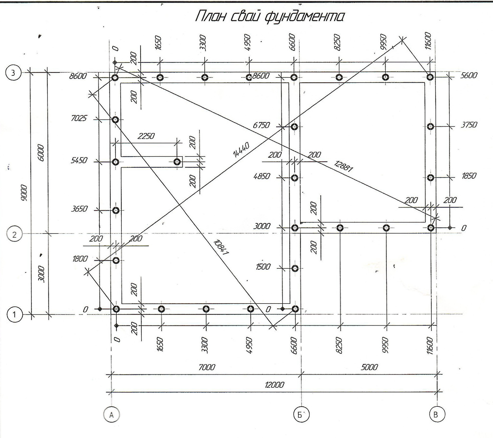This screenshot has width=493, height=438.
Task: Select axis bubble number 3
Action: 13,73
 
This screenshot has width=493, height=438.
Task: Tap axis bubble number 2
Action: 14,235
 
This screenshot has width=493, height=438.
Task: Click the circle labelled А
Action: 111,415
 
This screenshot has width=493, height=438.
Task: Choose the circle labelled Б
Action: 301,415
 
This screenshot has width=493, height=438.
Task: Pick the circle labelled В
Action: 437,415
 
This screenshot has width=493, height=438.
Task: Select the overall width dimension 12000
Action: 274,385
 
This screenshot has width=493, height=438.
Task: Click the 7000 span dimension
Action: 207,367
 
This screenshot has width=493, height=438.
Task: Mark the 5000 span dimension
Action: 369,367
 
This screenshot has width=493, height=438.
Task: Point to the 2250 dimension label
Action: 146,136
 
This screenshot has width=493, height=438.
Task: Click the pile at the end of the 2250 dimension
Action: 177,162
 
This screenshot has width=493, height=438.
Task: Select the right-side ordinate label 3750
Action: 469,125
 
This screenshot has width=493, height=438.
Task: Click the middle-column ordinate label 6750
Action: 261,125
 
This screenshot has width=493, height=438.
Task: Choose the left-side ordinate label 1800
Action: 80,259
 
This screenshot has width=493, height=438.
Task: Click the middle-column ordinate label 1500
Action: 263,267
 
